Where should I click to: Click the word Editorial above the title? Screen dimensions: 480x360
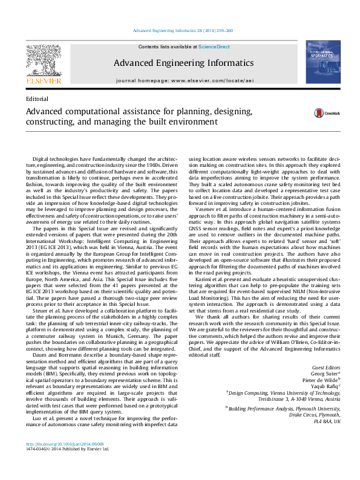tap(38, 98)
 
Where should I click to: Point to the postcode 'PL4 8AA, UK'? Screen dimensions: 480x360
tap(328, 421)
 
